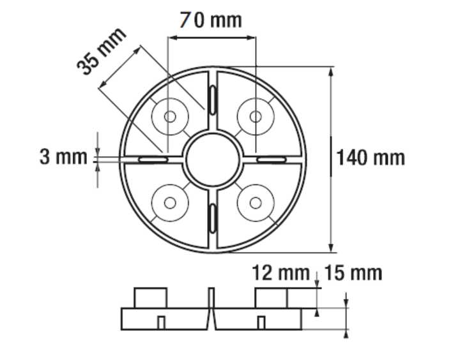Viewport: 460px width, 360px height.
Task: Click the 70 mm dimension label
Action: pyautogui.click(x=210, y=20)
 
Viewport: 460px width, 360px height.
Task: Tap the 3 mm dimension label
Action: pyautogui.click(x=63, y=156)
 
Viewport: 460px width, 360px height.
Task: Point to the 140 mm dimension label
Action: pyautogui.click(x=371, y=157)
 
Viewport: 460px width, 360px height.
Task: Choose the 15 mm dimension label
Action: pyautogui.click(x=353, y=273)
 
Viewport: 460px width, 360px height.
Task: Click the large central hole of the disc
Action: pyautogui.click(x=212, y=159)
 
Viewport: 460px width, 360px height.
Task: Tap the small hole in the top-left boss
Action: pyautogui.click(x=170, y=117)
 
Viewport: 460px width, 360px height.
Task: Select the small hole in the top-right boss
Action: pyautogui.click(x=255, y=117)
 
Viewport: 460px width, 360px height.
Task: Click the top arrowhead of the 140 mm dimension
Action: pyautogui.click(x=331, y=71)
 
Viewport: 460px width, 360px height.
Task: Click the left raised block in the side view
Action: pyautogui.click(x=151, y=298)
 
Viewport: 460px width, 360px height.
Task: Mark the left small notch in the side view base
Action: pyautogui.click(x=162, y=322)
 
